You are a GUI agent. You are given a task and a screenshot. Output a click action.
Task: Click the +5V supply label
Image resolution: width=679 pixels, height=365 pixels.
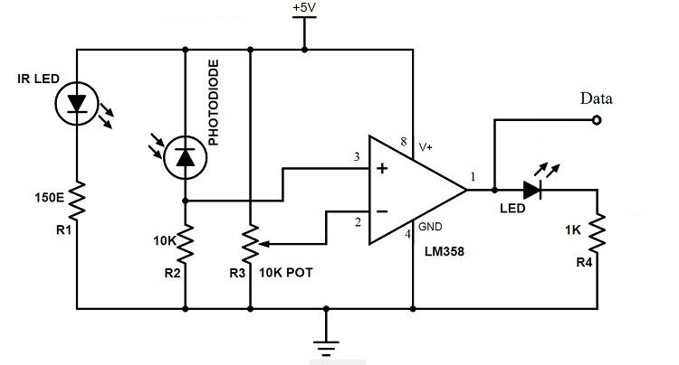pyautogui.click(x=304, y=8)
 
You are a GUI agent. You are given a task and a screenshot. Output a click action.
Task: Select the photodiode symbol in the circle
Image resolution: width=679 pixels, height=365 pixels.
pyautogui.click(x=185, y=158)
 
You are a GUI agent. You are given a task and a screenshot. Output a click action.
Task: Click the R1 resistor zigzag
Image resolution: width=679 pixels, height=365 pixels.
pyautogui.click(x=77, y=201)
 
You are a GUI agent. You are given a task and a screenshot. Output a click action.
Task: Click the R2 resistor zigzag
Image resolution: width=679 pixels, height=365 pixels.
pyautogui.click(x=185, y=240)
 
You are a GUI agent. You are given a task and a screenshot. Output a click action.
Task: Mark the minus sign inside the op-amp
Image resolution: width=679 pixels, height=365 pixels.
pyautogui.click(x=381, y=212)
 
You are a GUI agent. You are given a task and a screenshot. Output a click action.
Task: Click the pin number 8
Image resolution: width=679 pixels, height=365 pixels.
pyautogui.click(x=401, y=142)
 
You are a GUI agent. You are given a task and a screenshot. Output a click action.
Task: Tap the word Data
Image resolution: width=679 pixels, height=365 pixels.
pyautogui.click(x=598, y=98)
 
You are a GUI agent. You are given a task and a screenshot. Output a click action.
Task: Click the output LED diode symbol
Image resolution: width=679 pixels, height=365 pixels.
pyautogui.click(x=532, y=190)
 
